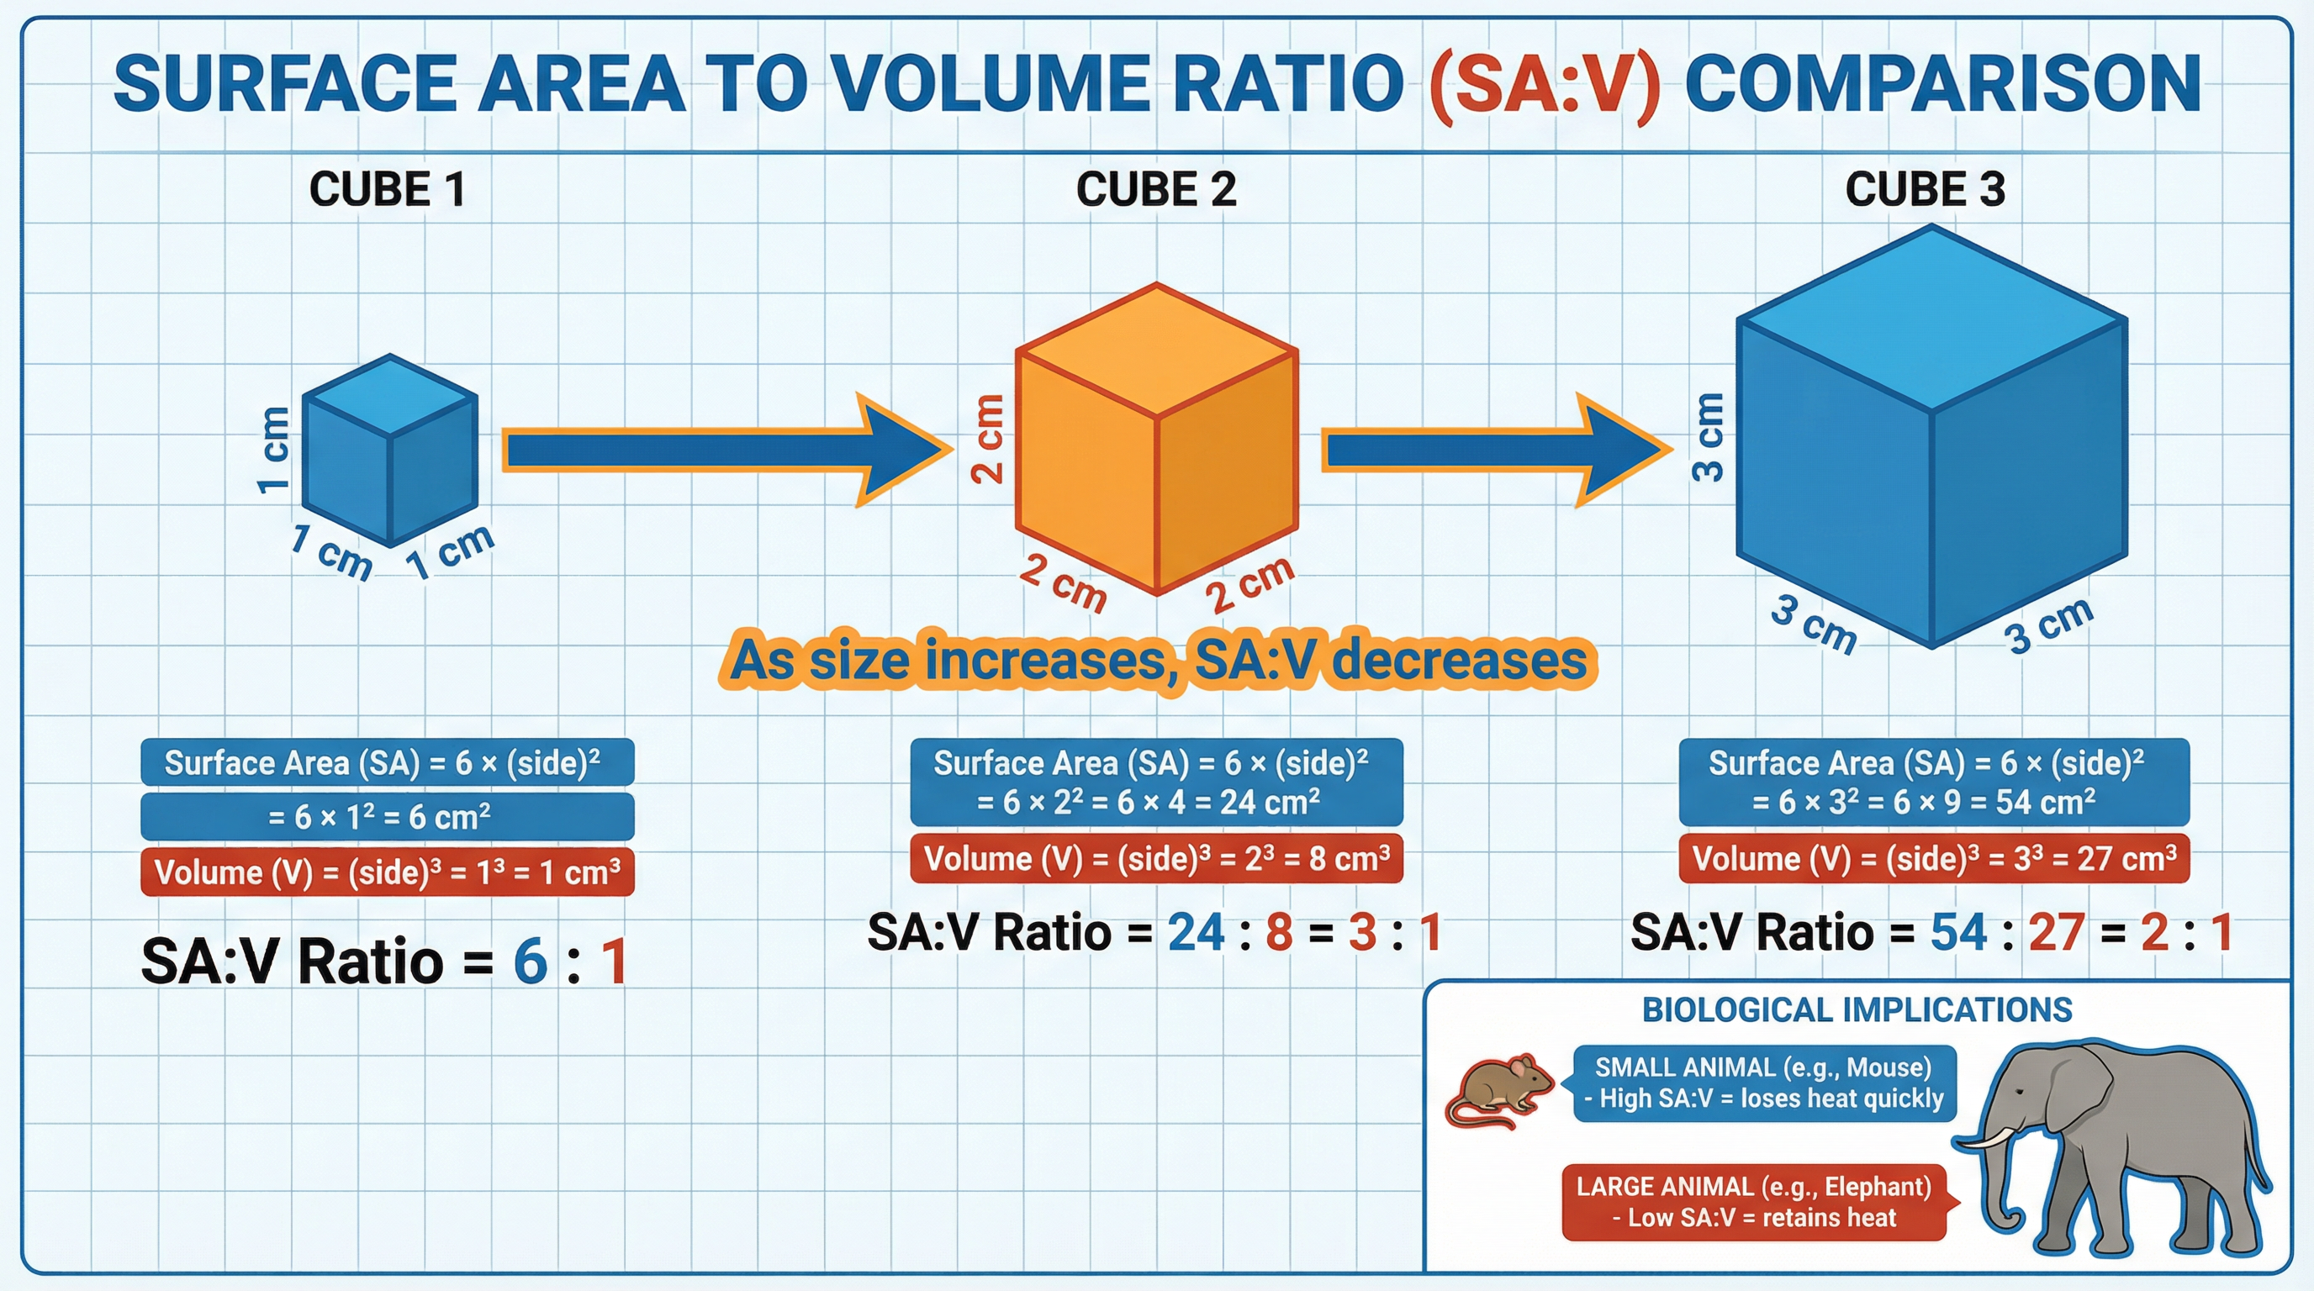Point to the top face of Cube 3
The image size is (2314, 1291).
1931,319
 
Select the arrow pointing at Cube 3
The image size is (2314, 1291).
1491,450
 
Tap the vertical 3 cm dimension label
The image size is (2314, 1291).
1708,437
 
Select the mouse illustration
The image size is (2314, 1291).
1498,1091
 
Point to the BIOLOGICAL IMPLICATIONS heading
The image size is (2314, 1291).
1857,1010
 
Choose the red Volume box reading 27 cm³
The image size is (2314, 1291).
1933,859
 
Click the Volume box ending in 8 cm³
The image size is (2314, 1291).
1156,859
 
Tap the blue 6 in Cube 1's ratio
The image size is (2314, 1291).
530,962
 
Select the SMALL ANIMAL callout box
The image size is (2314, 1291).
1764,1083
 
